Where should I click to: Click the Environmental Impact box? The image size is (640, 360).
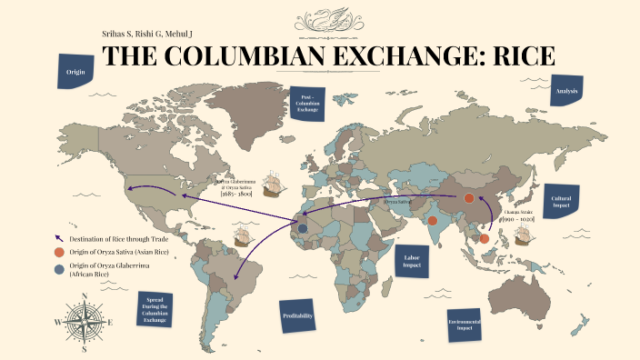coord(460,323)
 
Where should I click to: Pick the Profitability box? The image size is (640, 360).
coord(299,315)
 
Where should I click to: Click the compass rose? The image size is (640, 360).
coord(85,322)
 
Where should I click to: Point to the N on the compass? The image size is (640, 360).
coord(85,296)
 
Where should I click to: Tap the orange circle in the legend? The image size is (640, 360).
coord(59,252)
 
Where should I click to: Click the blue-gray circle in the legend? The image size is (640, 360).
coord(59,267)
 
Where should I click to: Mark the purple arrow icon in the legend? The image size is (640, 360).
coord(59,237)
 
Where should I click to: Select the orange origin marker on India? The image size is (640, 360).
coord(433,220)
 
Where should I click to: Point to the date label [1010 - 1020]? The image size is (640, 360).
coord(519,219)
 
